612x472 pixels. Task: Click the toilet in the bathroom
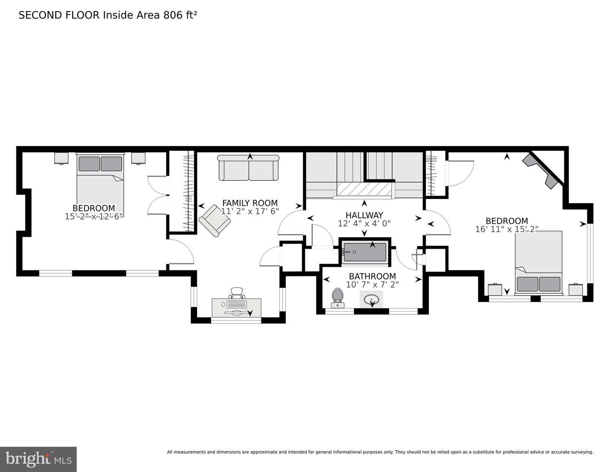point(338,297)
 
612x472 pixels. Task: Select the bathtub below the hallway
point(365,252)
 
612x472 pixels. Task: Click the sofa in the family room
point(249,168)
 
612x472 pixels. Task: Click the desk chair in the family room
point(237,293)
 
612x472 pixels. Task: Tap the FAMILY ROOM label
point(250,203)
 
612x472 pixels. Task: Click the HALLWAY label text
point(364,215)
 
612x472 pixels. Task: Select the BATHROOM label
point(372,276)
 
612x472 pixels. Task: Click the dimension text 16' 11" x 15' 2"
point(507,229)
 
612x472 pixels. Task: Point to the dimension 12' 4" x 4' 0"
point(364,223)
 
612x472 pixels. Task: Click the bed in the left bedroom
point(100,183)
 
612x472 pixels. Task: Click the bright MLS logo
point(38,459)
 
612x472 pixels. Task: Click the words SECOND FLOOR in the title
point(59,15)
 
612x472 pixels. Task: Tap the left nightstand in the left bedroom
point(62,158)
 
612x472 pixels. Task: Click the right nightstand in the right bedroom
point(575,289)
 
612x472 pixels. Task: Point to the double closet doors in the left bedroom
point(157,195)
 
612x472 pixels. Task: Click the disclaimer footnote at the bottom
point(380,452)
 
